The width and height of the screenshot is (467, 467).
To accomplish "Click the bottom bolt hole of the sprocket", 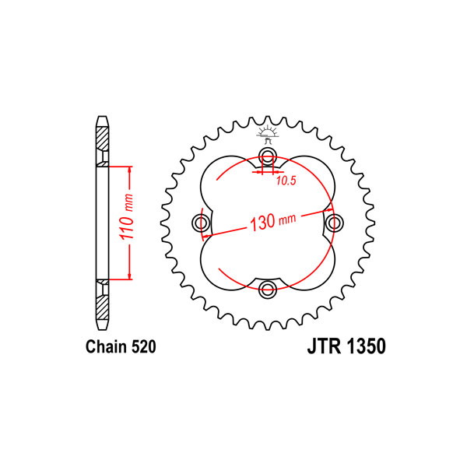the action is (268, 288).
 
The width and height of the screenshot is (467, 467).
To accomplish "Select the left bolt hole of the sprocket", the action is (201, 222).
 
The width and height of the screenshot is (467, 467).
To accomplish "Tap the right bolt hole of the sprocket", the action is (334, 222).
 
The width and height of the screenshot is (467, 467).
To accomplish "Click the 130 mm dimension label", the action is (273, 221).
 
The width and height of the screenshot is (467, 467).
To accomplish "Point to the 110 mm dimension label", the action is (127, 216).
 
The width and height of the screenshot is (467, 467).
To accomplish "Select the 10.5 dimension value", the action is (286, 181).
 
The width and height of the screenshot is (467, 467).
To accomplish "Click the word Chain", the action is (106, 346).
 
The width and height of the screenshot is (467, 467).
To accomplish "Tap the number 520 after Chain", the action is (143, 346).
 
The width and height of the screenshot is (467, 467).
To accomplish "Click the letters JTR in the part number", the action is (324, 346).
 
